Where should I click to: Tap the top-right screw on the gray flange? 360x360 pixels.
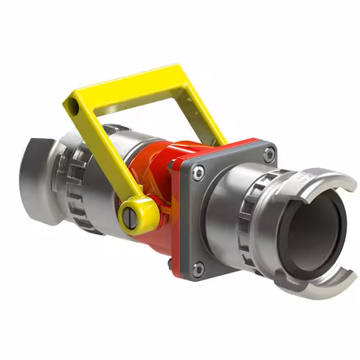[x=270, y=153]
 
